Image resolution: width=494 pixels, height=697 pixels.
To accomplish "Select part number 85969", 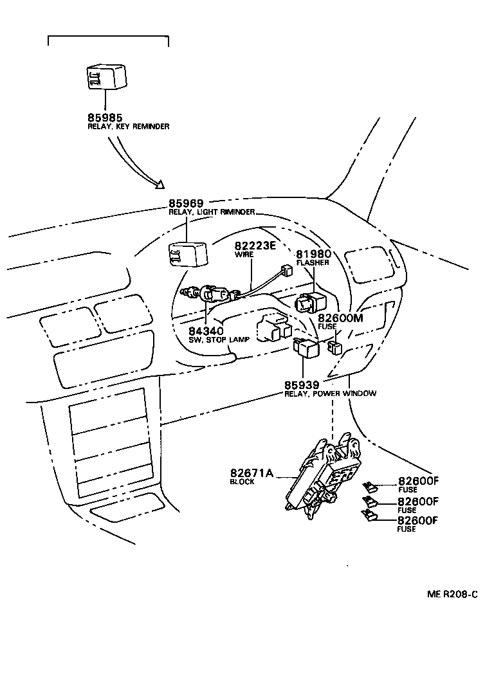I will (187, 204).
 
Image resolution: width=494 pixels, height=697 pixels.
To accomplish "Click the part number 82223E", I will (255, 246).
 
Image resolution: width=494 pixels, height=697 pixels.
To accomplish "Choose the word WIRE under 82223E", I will (243, 255).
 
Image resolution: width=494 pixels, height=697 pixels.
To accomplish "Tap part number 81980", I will (313, 254).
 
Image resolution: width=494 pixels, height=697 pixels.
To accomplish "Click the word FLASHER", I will (313, 262).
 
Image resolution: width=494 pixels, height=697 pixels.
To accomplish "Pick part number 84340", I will (206, 330).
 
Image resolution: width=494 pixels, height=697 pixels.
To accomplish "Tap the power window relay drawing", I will (306, 347).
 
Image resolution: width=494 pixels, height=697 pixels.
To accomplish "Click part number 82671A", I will (252, 473).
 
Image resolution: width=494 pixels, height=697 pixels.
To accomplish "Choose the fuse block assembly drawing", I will (322, 476).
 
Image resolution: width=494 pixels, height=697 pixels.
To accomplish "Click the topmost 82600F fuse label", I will (417, 481).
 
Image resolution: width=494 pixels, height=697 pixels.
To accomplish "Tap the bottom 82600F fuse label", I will (417, 521).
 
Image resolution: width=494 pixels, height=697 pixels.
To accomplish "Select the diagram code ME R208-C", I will (452, 595).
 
